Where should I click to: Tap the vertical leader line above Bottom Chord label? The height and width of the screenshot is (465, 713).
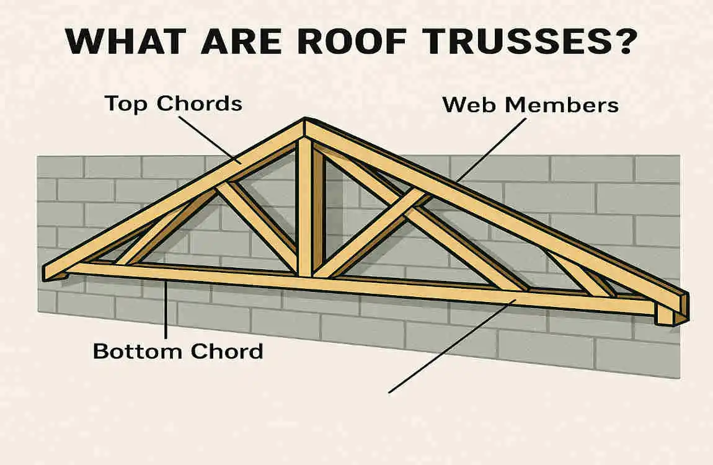[x=166, y=310]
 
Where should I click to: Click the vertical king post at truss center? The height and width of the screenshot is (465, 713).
[x=304, y=205]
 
